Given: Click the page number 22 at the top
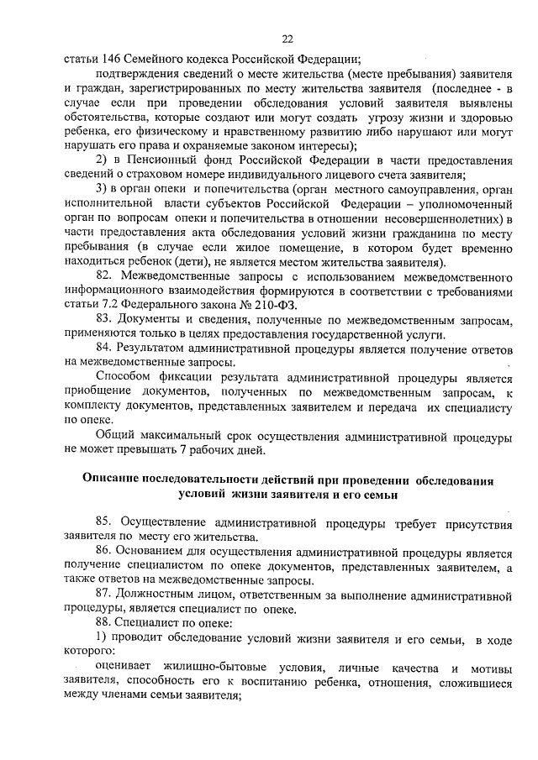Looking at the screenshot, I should coord(287,38).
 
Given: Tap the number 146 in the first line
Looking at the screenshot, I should coord(111,59).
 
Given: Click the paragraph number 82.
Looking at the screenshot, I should coord(105,275).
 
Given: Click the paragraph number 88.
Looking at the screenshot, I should coord(105,625).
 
